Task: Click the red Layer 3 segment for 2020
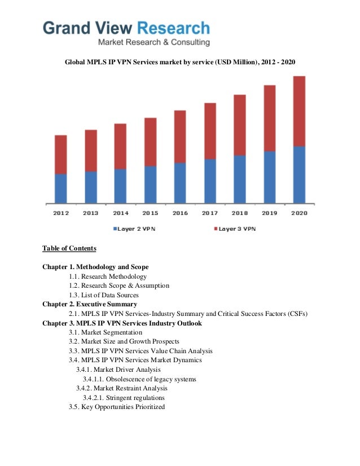[x=299, y=111]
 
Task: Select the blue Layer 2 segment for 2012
[x=61, y=188]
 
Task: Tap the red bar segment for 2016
[x=180, y=137]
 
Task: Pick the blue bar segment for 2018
[x=239, y=179]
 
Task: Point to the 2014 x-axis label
[x=121, y=213]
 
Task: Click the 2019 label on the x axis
[x=269, y=213]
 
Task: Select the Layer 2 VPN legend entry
[x=135, y=229]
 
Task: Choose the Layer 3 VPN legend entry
[x=234, y=229]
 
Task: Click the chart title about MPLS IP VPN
[x=180, y=61]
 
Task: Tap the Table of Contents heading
[x=69, y=248]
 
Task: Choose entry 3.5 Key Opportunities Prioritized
[x=117, y=406]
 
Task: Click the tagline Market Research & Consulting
[x=153, y=42]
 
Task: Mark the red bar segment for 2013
[x=91, y=151]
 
